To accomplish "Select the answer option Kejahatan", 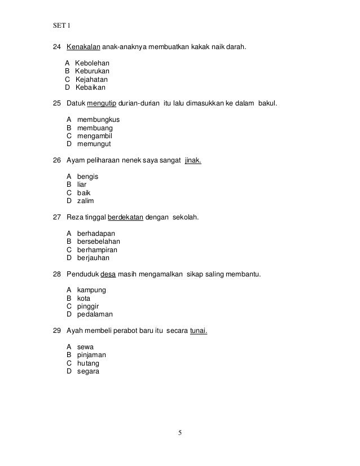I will (93, 80).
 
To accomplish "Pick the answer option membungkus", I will (98, 120).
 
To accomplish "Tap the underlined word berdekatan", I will (125, 217).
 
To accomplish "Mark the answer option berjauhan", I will (93, 257).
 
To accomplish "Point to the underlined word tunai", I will (198, 331).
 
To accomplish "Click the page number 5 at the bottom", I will (179, 433).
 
